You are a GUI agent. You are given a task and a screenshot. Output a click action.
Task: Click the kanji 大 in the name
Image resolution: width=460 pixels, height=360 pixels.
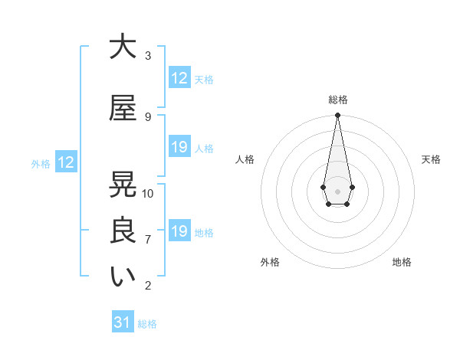[x=123, y=48]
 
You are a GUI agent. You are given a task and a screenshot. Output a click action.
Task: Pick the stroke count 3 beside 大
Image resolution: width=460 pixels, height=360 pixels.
[x=148, y=56]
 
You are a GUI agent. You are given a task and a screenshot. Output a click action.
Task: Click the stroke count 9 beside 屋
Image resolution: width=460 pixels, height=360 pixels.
[x=148, y=117]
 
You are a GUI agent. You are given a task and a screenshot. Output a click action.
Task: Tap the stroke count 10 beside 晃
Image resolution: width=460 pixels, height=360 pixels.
[x=148, y=194]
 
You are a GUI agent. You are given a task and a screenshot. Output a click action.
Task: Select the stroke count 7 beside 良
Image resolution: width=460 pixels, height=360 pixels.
[x=148, y=240]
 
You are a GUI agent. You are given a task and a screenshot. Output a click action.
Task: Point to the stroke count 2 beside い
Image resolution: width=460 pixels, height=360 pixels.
[x=148, y=286]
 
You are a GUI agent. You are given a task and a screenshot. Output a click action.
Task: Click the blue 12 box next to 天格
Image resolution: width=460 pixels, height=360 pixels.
[x=179, y=78]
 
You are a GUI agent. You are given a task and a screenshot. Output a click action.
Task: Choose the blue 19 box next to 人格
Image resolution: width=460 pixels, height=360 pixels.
[x=179, y=148]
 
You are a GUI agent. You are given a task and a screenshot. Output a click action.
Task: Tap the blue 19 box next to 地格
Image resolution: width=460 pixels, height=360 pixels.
[x=179, y=232]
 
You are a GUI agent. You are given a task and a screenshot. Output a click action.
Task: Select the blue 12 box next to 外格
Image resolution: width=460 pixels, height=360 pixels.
[x=66, y=162]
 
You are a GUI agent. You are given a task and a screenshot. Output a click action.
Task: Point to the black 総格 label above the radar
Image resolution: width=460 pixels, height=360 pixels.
[x=338, y=100]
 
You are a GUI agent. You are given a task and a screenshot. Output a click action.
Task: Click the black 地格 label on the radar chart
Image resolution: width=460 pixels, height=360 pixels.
[x=402, y=263]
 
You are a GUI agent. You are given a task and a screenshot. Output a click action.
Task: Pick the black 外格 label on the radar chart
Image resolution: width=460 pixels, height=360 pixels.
[x=270, y=263]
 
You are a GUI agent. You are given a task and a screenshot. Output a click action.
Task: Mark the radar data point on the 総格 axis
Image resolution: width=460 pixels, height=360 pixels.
[x=337, y=116]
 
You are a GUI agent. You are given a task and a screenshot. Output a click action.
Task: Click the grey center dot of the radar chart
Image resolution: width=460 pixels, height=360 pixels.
[x=337, y=191]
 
